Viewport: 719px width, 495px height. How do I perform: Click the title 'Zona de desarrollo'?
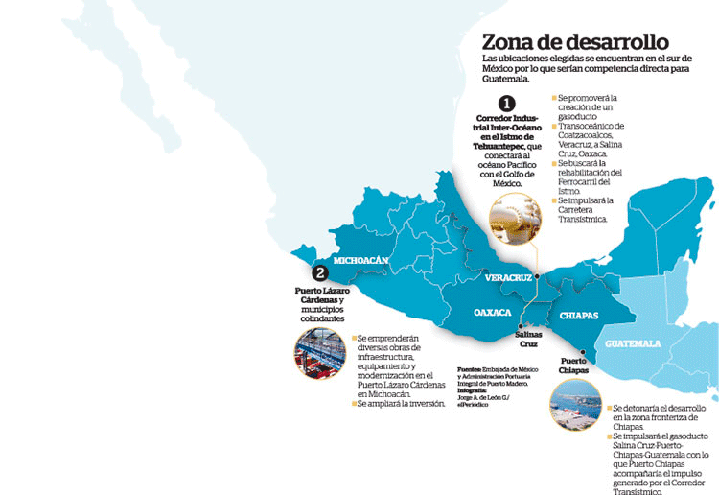coord(574,41)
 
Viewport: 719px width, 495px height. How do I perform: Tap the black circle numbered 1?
coord(505,104)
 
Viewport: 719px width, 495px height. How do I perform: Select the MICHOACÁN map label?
coord(361,260)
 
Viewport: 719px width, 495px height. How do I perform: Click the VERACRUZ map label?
coord(508,277)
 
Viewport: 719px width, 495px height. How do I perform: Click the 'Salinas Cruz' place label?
coord(528,339)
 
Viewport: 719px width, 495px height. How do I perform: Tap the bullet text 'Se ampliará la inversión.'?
coord(401,404)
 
